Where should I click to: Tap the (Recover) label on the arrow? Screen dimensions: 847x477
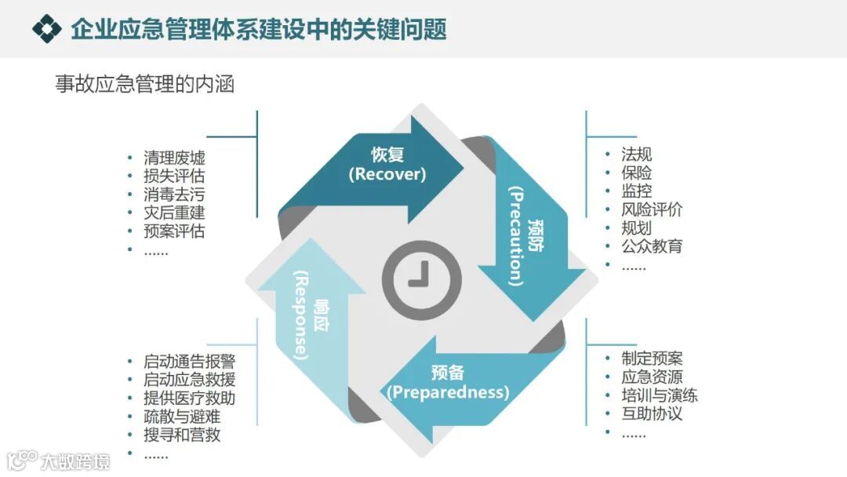(x=387, y=174)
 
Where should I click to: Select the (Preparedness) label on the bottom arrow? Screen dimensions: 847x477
(x=448, y=391)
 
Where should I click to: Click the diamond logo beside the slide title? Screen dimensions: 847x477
(x=47, y=29)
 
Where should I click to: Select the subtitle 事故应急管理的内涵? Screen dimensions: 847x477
(x=145, y=84)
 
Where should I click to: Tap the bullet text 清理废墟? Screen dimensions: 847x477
(x=174, y=158)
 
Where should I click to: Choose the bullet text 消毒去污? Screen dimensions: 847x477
(x=174, y=195)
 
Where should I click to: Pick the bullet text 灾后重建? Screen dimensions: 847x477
(x=174, y=213)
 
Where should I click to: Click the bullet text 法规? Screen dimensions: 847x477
(x=636, y=155)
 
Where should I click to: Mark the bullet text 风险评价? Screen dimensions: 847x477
(x=652, y=209)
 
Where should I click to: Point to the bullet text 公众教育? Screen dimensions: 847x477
(x=652, y=246)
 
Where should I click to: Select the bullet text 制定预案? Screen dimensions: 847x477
(x=652, y=359)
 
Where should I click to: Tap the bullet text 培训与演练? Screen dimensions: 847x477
(x=660, y=395)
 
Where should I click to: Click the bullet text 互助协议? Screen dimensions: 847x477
(x=652, y=413)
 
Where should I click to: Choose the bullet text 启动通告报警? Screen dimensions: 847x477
(x=189, y=362)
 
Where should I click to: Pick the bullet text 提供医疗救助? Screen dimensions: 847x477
(x=189, y=399)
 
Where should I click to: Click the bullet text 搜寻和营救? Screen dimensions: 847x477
(x=181, y=435)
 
